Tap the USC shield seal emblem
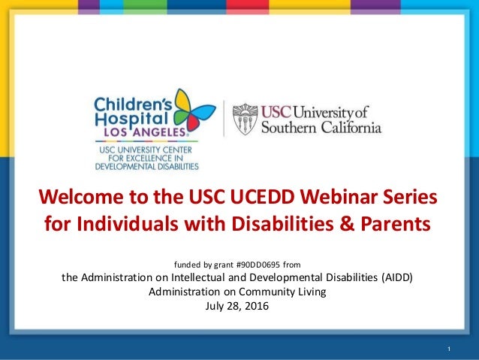tap(245, 119)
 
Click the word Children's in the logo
tap(128, 101)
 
